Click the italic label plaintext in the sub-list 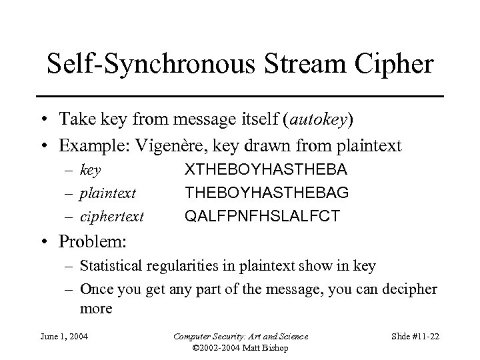coord(108,194)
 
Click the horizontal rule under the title coord(240,97)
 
